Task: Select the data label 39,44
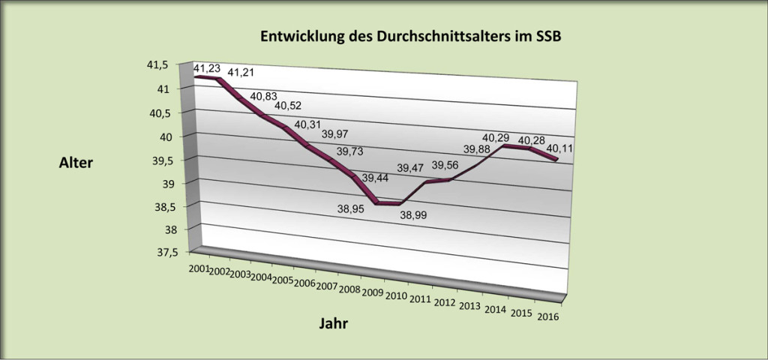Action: [377, 178]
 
